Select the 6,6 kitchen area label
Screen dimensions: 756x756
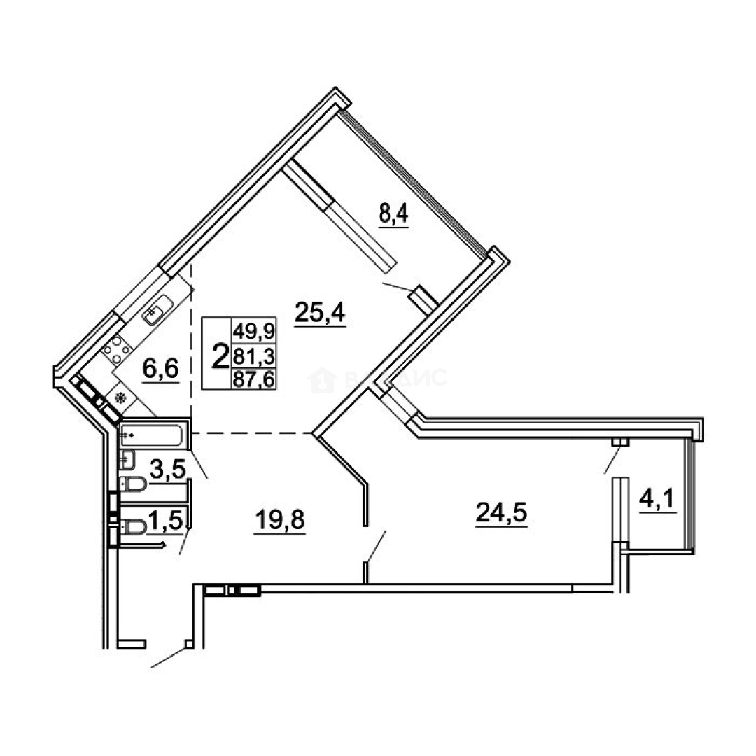coord(162,367)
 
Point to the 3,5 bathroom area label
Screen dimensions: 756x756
coord(169,468)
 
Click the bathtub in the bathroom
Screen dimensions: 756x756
coord(152,435)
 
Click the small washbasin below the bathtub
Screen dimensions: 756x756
coord(126,460)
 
